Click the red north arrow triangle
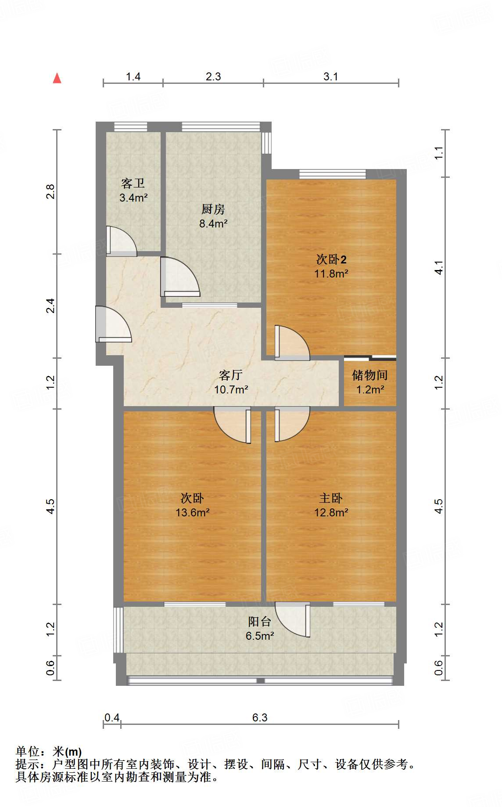click(x=57, y=78)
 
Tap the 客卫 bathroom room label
click(x=133, y=183)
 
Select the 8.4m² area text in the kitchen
click(x=213, y=223)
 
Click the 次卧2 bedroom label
click(x=331, y=259)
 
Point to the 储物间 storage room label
click(x=370, y=375)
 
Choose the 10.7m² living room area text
click(x=231, y=389)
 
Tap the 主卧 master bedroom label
click(x=331, y=498)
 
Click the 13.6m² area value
click(x=193, y=512)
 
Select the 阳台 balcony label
click(x=260, y=621)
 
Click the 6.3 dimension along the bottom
click(x=260, y=717)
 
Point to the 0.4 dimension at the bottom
click(x=112, y=717)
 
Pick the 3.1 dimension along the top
click(x=331, y=76)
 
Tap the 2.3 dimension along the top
click(x=213, y=76)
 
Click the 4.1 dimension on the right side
click(x=439, y=267)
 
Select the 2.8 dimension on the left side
click(x=50, y=192)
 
